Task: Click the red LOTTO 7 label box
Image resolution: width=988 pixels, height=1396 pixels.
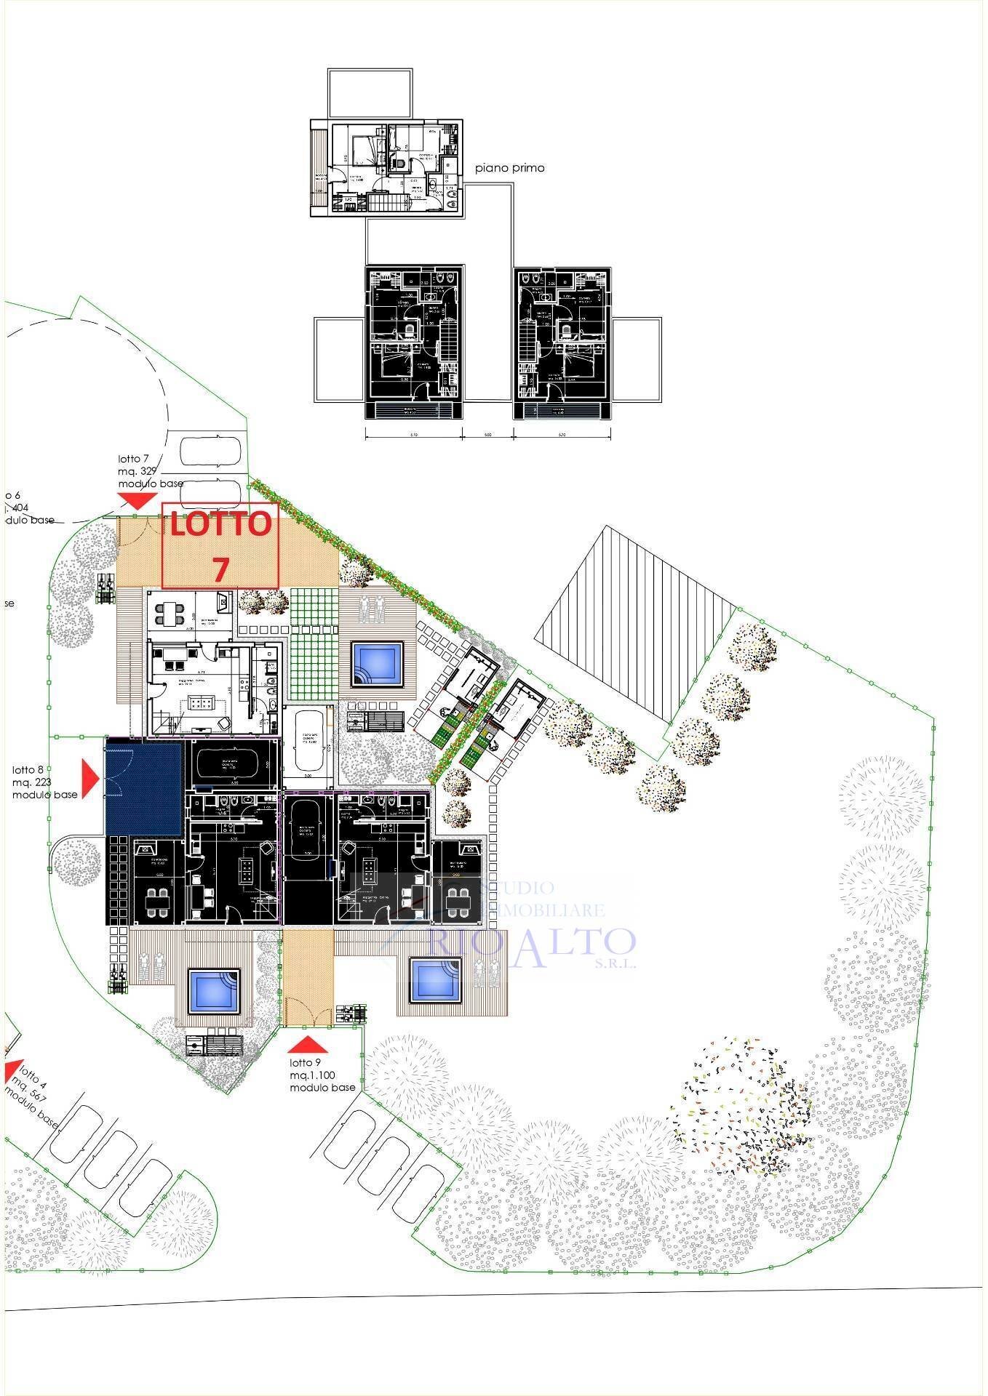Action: click(220, 545)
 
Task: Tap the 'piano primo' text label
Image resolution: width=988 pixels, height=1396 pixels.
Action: click(509, 168)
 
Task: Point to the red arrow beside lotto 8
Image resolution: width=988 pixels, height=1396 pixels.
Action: click(89, 777)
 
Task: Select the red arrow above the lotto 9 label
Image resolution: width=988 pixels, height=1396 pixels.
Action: click(308, 1045)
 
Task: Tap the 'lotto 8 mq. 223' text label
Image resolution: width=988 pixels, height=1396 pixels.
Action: click(44, 782)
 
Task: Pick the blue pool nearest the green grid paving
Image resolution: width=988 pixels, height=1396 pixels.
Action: click(377, 664)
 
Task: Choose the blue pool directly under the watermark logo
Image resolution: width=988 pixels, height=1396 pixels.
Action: click(436, 979)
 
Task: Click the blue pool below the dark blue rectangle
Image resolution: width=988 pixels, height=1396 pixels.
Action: click(215, 990)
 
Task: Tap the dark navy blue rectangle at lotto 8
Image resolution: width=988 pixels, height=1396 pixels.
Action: click(143, 787)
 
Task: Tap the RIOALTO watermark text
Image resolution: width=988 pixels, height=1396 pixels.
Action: click(533, 942)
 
